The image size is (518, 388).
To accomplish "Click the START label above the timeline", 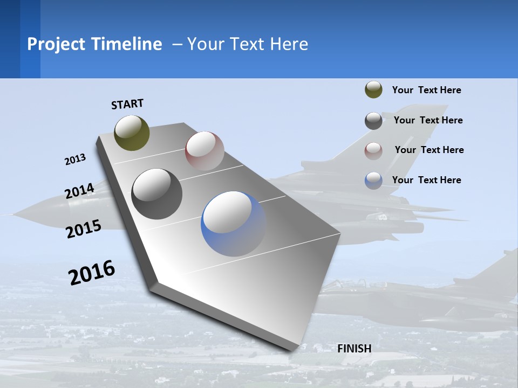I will tap(127, 104).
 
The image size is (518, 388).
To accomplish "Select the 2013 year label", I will tap(75, 160).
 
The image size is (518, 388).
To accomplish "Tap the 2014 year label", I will tap(79, 191).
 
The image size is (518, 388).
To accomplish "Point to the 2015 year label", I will tap(83, 229).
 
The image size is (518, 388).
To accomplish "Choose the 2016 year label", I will tap(92, 272).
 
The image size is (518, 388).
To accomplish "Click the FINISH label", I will tap(354, 349).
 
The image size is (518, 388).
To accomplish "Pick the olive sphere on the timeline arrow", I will tap(132, 133).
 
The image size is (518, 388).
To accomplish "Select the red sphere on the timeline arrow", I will tap(205, 150).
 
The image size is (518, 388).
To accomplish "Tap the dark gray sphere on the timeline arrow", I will tap(156, 193).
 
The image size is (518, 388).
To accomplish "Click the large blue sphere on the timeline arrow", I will tap(233, 223).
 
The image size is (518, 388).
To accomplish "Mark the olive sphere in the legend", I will tap(373, 90).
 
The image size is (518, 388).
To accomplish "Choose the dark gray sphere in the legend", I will tap(373, 121).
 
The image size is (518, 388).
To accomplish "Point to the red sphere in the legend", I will tap(373, 150).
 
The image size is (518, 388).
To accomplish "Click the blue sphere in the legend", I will tap(373, 181).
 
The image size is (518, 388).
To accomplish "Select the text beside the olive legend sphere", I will tap(426, 90).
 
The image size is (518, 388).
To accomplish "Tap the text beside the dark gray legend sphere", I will tap(428, 120).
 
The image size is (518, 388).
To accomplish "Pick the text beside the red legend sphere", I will tap(429, 150).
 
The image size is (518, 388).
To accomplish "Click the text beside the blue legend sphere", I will tap(426, 180).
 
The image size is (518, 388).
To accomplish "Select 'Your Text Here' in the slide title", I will tap(248, 44).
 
